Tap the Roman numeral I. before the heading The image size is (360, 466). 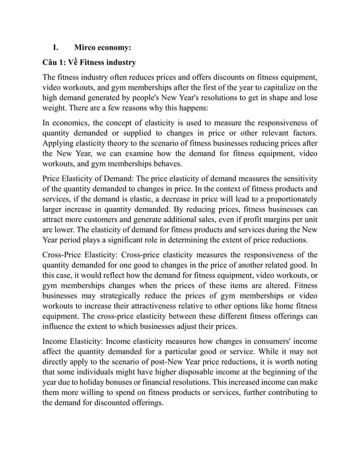tap(56, 48)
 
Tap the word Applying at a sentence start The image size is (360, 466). tap(60, 144)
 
